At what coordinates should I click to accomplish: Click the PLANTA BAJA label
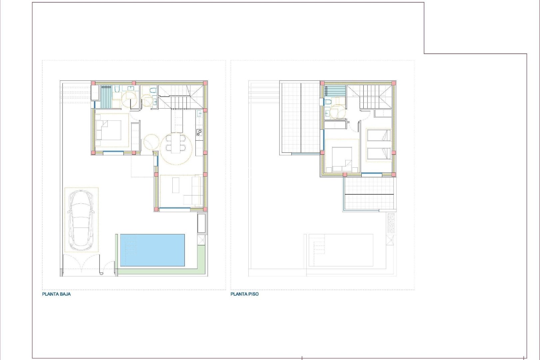[56, 294]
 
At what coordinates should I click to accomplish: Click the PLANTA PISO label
[244, 294]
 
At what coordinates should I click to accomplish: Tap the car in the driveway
[81, 220]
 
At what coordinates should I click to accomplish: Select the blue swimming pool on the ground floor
[152, 250]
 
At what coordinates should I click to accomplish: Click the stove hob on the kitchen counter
[199, 133]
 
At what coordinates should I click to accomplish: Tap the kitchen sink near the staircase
[199, 114]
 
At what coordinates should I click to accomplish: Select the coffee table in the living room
[176, 185]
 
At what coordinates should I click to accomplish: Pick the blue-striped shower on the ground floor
[106, 97]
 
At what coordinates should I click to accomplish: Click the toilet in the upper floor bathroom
[328, 102]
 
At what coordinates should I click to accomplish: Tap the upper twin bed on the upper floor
[379, 135]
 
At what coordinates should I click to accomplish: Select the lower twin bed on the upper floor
[379, 154]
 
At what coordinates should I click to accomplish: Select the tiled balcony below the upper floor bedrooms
[369, 193]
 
